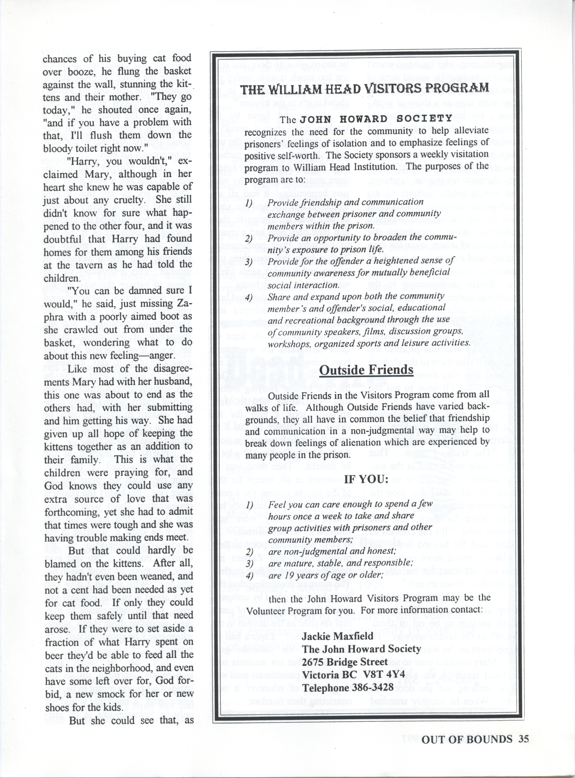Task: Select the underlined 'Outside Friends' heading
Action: pos(366,370)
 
